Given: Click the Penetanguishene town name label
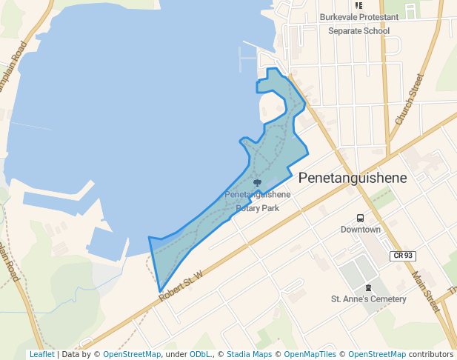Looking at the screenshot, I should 353,179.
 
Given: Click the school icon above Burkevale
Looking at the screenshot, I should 359,5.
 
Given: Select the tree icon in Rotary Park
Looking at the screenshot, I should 257,182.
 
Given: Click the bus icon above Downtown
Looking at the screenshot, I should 360,219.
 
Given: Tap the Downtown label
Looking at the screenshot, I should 360,230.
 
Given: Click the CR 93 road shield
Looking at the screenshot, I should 403,256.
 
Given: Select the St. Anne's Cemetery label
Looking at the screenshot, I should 368,299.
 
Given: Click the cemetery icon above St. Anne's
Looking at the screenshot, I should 367,287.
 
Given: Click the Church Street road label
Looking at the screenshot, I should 408,99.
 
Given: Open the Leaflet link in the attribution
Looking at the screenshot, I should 41,354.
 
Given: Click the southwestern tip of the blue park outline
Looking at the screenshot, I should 159,291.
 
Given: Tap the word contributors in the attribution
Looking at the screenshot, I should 431,354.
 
